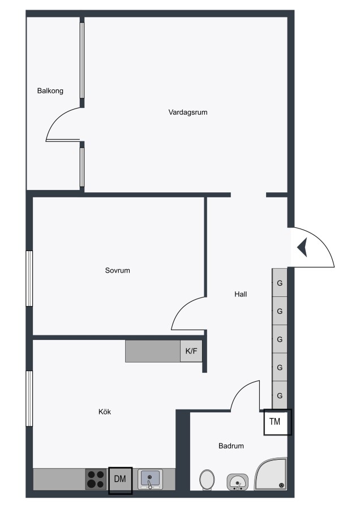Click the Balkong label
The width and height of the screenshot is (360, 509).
pyautogui.click(x=50, y=91)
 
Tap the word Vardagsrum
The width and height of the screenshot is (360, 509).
pyautogui.click(x=188, y=113)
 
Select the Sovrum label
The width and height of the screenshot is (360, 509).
pyautogui.click(x=117, y=270)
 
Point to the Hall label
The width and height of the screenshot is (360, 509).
pyautogui.click(x=241, y=294)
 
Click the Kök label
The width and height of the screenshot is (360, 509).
pyautogui.click(x=105, y=412)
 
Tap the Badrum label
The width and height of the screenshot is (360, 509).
pyautogui.click(x=231, y=446)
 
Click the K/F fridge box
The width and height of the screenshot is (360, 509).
pyautogui.click(x=191, y=351)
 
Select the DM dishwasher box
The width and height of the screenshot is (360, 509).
pyautogui.click(x=120, y=480)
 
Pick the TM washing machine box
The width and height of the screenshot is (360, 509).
pyautogui.click(x=277, y=422)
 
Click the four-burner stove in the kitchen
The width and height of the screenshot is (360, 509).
pyautogui.click(x=96, y=479)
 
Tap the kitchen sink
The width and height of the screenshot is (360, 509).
pyautogui.click(x=150, y=479)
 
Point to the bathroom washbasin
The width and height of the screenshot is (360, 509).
pyautogui.click(x=238, y=482)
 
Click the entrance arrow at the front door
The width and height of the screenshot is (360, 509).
pyautogui.click(x=302, y=247)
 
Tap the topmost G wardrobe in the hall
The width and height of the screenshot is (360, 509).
pyautogui.click(x=280, y=283)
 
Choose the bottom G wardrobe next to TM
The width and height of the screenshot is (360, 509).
pyautogui.click(x=280, y=395)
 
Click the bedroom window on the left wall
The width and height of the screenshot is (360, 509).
pyautogui.click(x=29, y=278)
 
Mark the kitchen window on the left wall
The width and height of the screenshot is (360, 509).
pyautogui.click(x=29, y=398)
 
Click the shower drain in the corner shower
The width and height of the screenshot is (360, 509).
pyautogui.click(x=281, y=485)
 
